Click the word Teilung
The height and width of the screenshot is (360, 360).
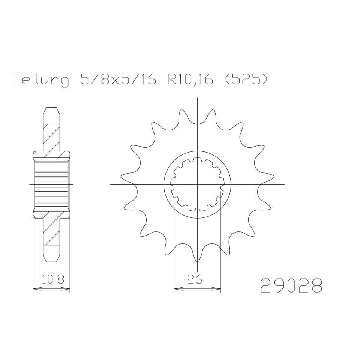pyautogui.click(x=41, y=79)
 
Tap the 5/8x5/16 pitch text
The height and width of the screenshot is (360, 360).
pyautogui.click(x=117, y=79)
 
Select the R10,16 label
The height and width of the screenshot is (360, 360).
pyautogui.click(x=190, y=79)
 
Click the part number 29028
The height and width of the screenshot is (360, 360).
pyautogui.click(x=291, y=285)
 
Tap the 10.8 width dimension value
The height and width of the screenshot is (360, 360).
pyautogui.click(x=52, y=279)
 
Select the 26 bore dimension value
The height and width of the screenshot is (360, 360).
pyautogui.click(x=195, y=279)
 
